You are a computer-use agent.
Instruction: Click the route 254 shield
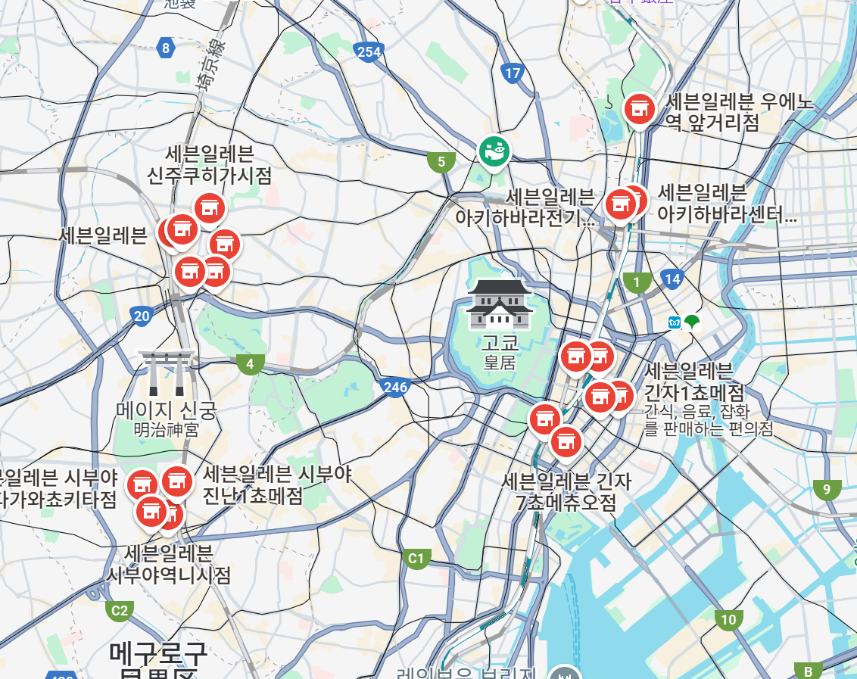[368, 51]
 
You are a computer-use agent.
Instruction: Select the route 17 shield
[513, 73]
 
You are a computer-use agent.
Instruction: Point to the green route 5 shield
[441, 161]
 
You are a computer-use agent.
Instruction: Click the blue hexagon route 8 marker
[166, 49]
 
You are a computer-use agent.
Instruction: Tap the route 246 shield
[395, 388]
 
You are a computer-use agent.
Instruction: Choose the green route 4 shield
[250, 365]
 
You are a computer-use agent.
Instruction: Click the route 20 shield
[142, 316]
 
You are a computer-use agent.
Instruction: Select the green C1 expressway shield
[416, 559]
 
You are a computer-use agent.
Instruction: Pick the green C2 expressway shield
[120, 610]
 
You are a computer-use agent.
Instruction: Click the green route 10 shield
[728, 620]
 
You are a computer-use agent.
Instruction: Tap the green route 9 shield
[827, 489]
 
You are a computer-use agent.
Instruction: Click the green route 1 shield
[637, 283]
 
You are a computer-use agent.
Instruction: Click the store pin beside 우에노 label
[640, 109]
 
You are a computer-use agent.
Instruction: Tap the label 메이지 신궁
[167, 410]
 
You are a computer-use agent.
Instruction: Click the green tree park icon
[692, 322]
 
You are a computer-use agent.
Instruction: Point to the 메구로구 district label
[158, 653]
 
